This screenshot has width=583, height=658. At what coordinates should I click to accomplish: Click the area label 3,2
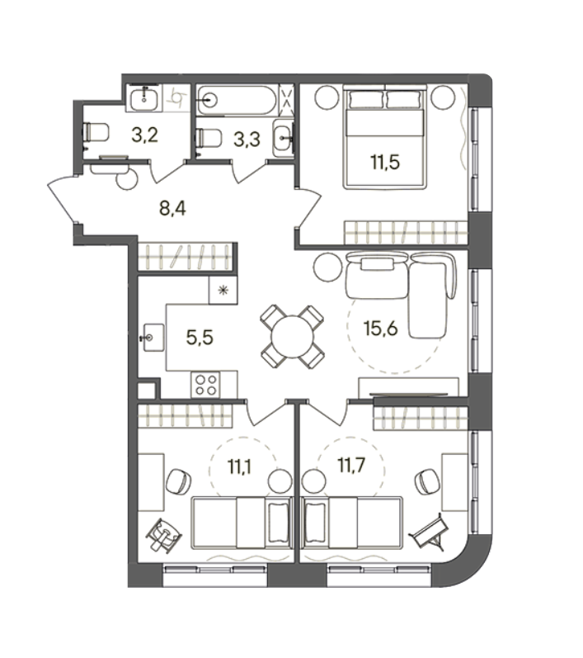[x=144, y=135]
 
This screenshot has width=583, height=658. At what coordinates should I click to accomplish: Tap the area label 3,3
[x=247, y=139]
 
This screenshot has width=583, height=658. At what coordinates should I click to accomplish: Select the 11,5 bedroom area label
[x=385, y=162]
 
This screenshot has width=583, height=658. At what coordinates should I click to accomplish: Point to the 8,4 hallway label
[x=172, y=208]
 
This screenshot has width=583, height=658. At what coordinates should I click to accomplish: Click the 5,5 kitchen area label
[x=200, y=337]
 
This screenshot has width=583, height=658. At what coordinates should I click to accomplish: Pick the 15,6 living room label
[x=381, y=328]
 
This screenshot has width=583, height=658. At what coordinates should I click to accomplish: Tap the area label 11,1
[x=239, y=466]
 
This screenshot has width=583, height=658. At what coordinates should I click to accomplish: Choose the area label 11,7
[x=351, y=465]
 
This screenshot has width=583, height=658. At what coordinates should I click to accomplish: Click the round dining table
[x=293, y=338]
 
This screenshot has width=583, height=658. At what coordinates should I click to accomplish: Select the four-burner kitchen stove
[x=206, y=385]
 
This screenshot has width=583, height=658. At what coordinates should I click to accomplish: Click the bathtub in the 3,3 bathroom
[x=237, y=100]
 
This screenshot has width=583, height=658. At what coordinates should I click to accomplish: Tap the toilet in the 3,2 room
[x=96, y=132]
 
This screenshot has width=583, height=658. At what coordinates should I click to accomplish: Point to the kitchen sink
[x=153, y=338]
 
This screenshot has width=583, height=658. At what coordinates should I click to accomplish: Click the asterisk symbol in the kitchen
[x=223, y=290]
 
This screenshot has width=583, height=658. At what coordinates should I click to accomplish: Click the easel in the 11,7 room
[x=430, y=532]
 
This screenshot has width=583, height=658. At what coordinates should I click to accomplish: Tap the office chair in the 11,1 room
[x=179, y=481]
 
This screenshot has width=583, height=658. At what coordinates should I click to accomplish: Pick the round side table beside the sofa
[x=327, y=267]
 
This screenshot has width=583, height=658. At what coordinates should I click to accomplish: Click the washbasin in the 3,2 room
[x=144, y=98]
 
